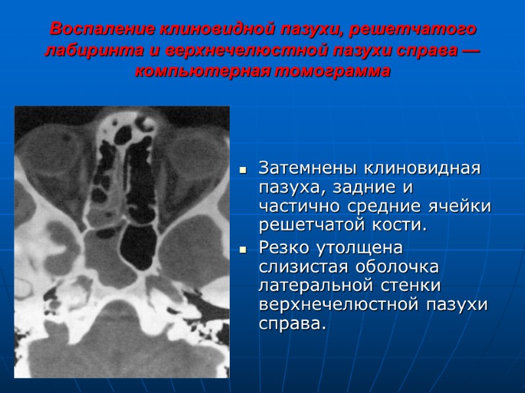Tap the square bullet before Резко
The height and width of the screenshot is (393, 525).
click(242, 250)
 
